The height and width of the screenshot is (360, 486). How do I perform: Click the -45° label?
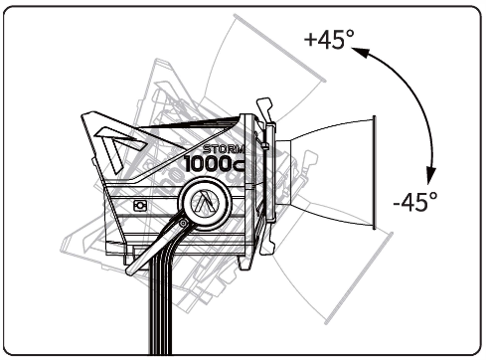coord(414,201)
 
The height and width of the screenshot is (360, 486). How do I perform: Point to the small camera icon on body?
coord(140,205)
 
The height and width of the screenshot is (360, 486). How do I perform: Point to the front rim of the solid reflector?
coord(374,172)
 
